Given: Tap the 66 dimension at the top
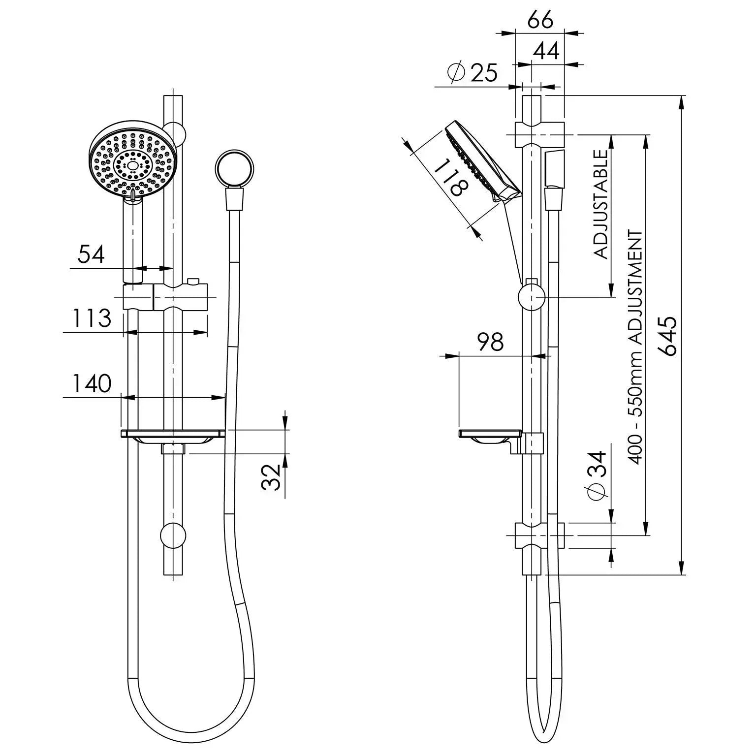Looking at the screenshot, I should tap(540, 20).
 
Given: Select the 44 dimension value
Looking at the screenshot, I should tap(546, 51).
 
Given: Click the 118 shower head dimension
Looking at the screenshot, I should tap(449, 178).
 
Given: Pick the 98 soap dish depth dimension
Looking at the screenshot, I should tap(490, 342).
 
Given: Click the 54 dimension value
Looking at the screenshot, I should tap(91, 254).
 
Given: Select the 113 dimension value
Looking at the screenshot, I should tap(92, 318).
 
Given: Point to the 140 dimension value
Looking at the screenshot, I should tap(92, 383).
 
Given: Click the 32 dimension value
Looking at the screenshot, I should tap(271, 476).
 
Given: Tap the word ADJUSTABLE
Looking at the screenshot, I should tap(601, 204).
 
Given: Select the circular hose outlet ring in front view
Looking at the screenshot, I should tap(235, 169).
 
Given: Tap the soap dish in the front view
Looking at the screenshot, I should tap(173, 435).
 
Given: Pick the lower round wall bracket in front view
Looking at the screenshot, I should tap(173, 535).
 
